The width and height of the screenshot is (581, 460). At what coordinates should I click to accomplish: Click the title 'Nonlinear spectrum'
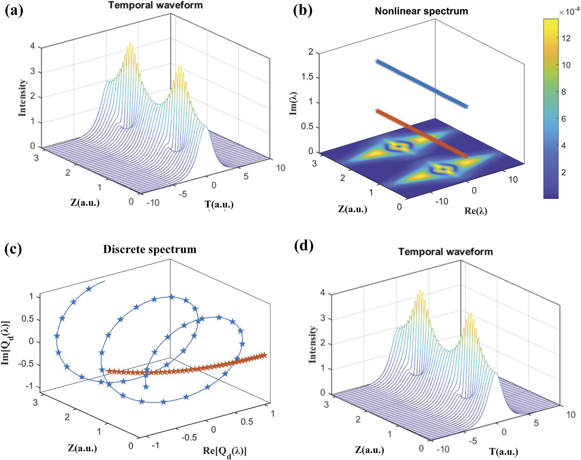tap(421, 11)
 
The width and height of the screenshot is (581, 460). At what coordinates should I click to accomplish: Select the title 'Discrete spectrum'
tap(149, 249)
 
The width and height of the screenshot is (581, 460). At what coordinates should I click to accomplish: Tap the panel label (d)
tap(303, 246)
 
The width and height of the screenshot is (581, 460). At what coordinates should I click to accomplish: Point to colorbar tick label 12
tap(566, 38)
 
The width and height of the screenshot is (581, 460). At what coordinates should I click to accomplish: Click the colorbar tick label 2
tap(564, 173)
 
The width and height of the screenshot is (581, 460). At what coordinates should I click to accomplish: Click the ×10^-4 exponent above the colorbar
tap(569, 12)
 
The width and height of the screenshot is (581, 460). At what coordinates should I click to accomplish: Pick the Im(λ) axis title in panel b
tap(293, 104)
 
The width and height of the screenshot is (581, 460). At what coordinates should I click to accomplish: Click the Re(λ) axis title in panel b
tap(476, 211)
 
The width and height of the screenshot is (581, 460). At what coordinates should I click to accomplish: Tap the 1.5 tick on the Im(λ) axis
tap(307, 77)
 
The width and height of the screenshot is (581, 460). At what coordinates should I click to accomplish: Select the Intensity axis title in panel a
tap(22, 98)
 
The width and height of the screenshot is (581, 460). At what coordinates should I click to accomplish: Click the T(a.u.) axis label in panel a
tap(219, 205)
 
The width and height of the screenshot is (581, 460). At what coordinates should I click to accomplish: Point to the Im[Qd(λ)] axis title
tap(6, 343)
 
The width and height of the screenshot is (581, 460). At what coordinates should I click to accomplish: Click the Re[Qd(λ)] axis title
tap(225, 451)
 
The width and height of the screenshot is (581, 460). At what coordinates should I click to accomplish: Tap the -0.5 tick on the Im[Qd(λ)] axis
tap(26, 364)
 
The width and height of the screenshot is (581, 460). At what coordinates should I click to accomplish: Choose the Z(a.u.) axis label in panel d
tap(369, 450)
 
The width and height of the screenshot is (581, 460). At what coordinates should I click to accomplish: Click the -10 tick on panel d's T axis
tap(443, 449)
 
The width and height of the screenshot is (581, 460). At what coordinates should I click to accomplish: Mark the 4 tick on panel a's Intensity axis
tap(32, 46)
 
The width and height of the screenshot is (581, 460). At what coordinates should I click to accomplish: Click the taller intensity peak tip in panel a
tap(130, 44)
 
